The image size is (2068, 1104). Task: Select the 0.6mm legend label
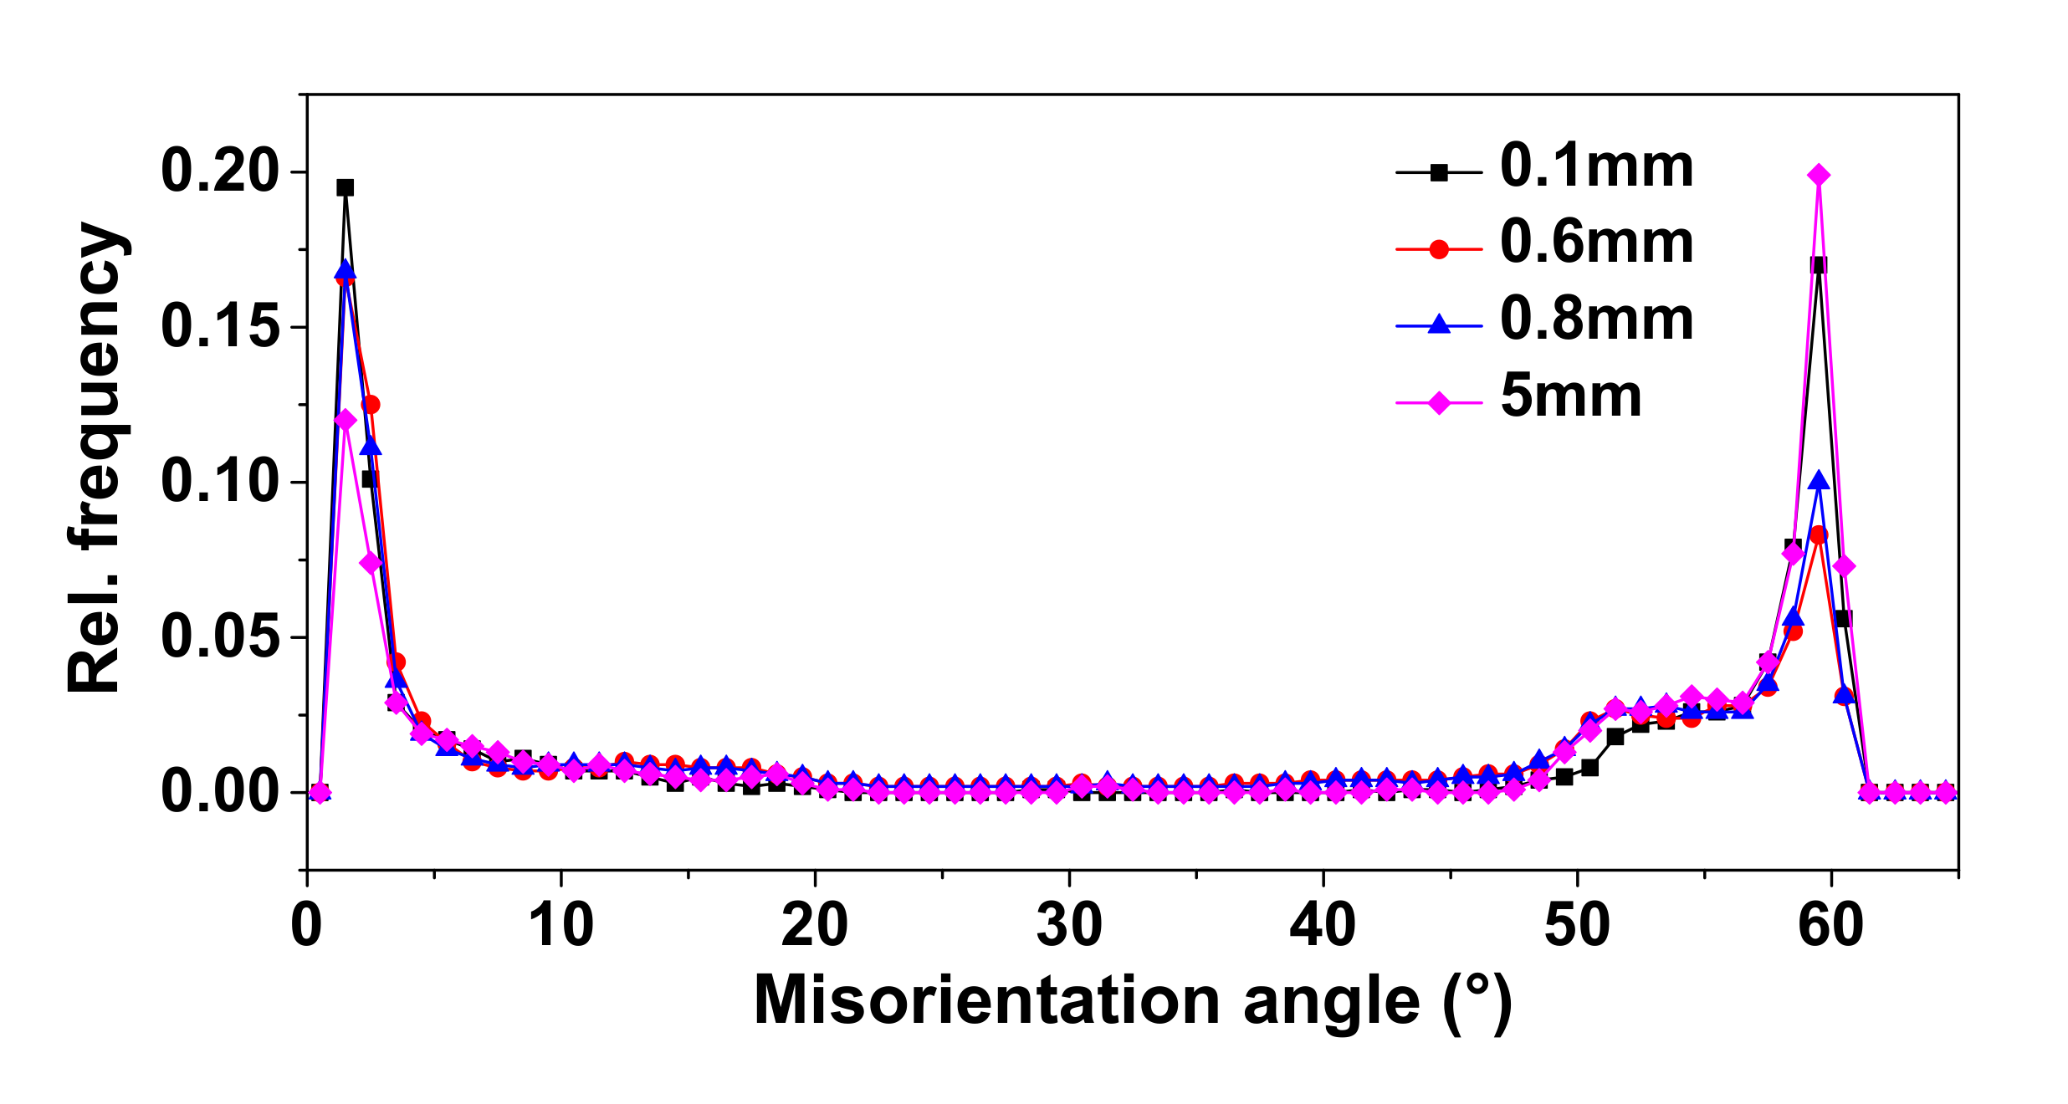[x=1596, y=243]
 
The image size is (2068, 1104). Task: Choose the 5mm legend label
[x=1571, y=396]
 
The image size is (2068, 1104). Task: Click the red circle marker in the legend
[x=1439, y=249]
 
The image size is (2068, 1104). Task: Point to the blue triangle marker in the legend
[x=1439, y=325]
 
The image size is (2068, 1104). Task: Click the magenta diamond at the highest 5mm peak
[x=1818, y=175]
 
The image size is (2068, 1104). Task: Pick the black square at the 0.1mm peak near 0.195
[x=346, y=187]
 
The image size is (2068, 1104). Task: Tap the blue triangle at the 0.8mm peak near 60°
[x=1818, y=481]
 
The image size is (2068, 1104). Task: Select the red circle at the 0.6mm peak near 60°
[x=1818, y=534]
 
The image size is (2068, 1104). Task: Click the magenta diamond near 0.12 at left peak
[x=346, y=420]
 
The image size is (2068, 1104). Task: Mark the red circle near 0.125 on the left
[x=371, y=405]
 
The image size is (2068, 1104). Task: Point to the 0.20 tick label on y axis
[x=219, y=171]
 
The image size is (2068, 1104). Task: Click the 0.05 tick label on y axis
[x=219, y=636]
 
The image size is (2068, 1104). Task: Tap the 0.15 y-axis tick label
[x=219, y=326]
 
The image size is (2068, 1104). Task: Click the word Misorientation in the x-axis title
[x=987, y=1001]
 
